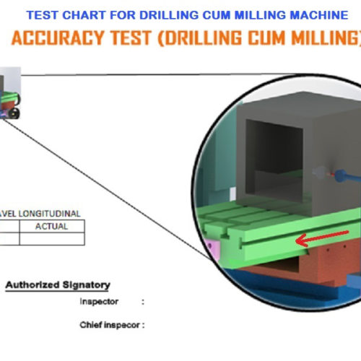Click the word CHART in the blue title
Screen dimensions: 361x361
click(x=84, y=15)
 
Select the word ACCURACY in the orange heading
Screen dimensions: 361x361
click(x=58, y=38)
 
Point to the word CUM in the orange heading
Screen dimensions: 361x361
click(x=267, y=38)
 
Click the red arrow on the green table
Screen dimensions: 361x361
click(x=322, y=238)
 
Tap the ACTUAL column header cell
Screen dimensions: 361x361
click(x=52, y=226)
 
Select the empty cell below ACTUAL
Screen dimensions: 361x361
click(x=52, y=239)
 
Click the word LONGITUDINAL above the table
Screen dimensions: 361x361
click(x=49, y=214)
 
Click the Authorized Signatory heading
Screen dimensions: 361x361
click(x=58, y=285)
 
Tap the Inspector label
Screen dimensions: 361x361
click(x=99, y=301)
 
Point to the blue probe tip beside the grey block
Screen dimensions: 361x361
click(x=341, y=175)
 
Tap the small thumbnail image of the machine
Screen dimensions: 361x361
click(x=9, y=93)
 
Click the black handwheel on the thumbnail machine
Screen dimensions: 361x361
click(x=14, y=113)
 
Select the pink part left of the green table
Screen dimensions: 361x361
click(x=214, y=251)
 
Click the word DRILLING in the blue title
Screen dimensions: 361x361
click(x=169, y=15)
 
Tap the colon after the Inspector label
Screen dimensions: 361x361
click(x=143, y=302)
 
